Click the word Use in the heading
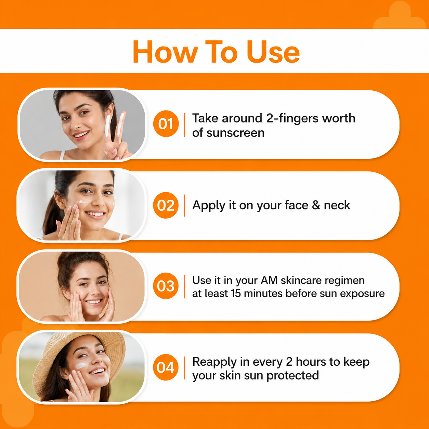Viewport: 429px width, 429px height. (x=273, y=52)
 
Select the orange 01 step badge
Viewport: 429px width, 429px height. (x=166, y=123)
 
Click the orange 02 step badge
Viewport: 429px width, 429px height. (x=166, y=205)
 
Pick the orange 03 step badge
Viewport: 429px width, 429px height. (x=166, y=286)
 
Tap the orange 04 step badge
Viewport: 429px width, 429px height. (x=166, y=367)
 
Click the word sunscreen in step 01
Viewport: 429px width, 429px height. (x=235, y=133)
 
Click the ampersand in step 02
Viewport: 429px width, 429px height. (x=316, y=205)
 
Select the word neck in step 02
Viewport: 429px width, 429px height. (x=337, y=205)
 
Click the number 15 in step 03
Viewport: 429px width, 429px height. (x=236, y=294)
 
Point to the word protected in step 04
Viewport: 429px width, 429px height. (x=292, y=376)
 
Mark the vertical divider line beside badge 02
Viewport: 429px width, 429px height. (x=184, y=205)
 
